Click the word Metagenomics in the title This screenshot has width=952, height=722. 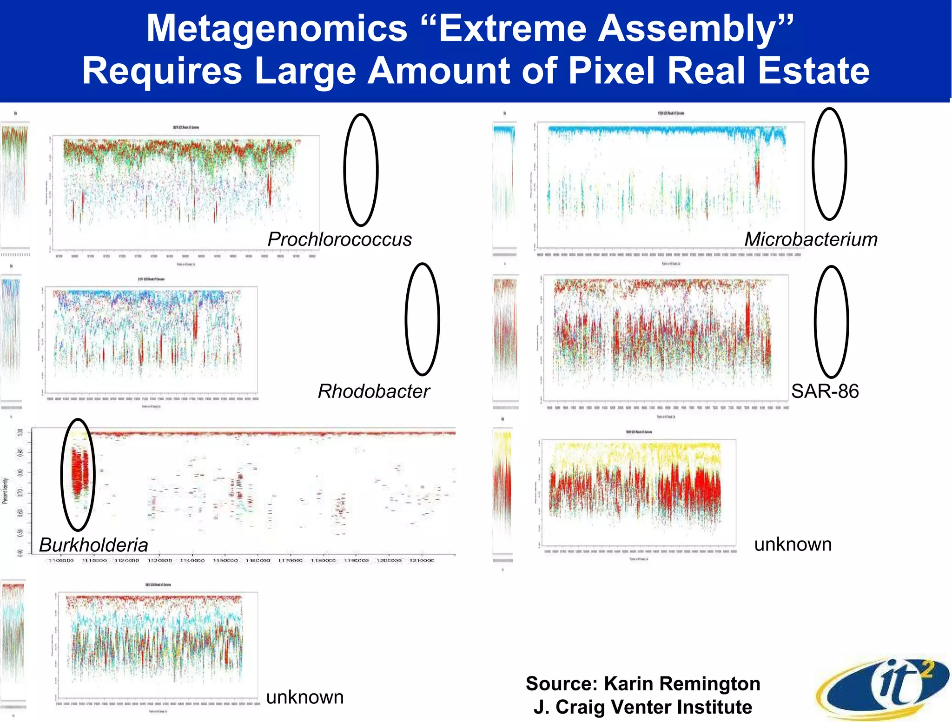click(x=277, y=29)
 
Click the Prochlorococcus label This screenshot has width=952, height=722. click(x=339, y=239)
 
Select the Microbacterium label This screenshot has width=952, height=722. click(x=811, y=239)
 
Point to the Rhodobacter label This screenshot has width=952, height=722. click(x=373, y=391)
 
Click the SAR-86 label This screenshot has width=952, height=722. click(x=825, y=391)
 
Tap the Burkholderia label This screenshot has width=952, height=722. click(x=93, y=545)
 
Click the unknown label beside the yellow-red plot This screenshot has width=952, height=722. click(x=793, y=544)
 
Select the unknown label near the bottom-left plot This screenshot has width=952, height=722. click(x=304, y=697)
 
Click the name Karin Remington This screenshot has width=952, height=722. click(x=682, y=684)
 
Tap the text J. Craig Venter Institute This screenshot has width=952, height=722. click(x=643, y=707)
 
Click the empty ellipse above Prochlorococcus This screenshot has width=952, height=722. click(x=361, y=170)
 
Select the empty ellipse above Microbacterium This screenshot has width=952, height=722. click(x=829, y=164)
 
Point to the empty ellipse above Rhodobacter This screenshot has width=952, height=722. click(x=422, y=319)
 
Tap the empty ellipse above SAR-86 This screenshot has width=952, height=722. click(x=831, y=322)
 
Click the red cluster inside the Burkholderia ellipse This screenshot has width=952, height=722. click(x=79, y=472)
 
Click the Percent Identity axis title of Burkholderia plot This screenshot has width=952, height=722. click(x=5, y=490)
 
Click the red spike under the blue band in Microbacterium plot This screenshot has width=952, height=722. click(x=757, y=174)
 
